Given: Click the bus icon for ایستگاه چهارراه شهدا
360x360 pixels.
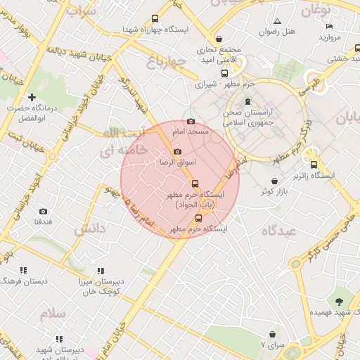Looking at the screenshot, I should pos(155,19).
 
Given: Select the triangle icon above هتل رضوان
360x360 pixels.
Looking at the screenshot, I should pos(277,22).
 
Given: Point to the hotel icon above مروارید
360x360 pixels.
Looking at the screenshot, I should pos(329,26).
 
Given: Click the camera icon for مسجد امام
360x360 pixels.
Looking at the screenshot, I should pos(191,122).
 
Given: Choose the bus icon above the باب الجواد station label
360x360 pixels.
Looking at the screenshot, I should pos(195,183).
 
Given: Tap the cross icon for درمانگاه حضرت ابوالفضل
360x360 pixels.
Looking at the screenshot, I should pos(31,97).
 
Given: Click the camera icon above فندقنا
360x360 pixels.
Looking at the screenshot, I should pos(43,211).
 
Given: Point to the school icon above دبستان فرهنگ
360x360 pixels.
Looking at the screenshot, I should pos(23,270).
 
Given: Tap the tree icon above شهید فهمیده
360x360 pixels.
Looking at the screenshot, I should pos(340,300).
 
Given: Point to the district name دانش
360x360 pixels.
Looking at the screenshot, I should pos(89,229).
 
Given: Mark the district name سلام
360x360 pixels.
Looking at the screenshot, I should pos(52,314).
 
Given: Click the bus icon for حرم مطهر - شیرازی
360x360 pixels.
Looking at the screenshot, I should pos(224,73).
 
